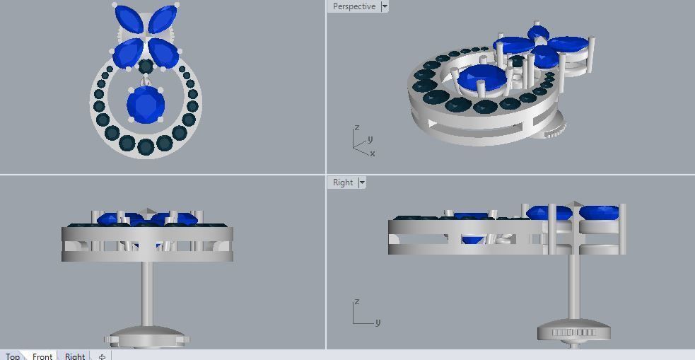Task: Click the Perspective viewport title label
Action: tap(354, 6)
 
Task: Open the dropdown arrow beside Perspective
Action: tap(385, 6)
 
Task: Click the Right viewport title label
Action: tap(343, 182)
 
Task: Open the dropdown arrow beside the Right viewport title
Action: tap(362, 182)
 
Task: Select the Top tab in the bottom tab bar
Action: tap(13, 356)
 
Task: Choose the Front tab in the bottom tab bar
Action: tap(42, 356)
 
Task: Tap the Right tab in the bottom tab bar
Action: tap(75, 356)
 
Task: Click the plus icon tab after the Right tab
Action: tap(102, 356)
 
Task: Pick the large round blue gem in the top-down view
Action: tap(146, 106)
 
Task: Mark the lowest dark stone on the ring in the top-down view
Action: tap(146, 147)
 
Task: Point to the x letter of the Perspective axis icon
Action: tap(373, 153)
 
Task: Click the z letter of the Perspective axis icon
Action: tap(357, 128)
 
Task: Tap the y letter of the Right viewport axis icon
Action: tap(378, 323)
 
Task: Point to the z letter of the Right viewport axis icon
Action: tap(357, 302)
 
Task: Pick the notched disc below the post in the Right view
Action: tap(573, 332)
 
